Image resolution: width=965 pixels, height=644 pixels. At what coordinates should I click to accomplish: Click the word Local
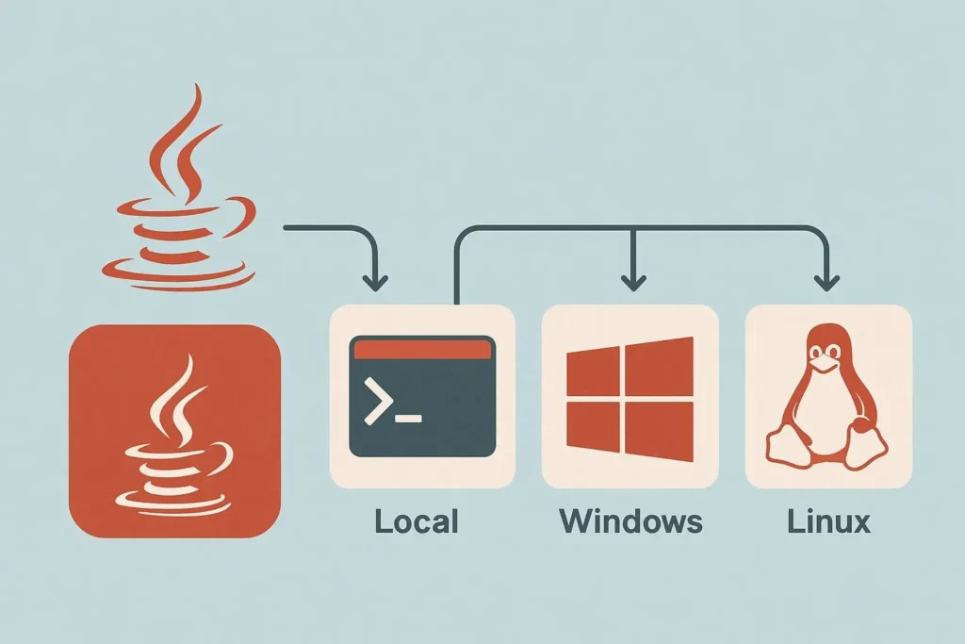click(x=416, y=520)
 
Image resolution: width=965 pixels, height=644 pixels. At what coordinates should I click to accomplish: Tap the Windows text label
click(x=630, y=520)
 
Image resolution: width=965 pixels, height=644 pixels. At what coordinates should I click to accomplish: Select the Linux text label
click(x=828, y=520)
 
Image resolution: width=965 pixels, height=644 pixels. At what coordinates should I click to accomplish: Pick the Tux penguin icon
click(x=828, y=396)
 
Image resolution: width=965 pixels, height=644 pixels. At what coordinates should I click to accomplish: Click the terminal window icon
click(x=421, y=396)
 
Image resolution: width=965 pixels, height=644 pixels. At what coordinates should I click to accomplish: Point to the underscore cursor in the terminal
click(x=408, y=417)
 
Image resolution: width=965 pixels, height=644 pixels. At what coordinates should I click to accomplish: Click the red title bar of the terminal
click(x=421, y=348)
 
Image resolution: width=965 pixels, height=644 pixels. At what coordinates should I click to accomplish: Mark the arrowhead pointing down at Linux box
click(x=827, y=280)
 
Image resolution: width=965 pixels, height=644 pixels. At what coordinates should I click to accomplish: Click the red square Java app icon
click(x=175, y=432)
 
